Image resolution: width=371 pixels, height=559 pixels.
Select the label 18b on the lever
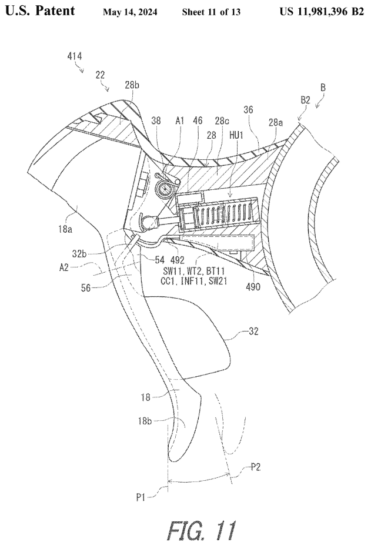click(x=161, y=421)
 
